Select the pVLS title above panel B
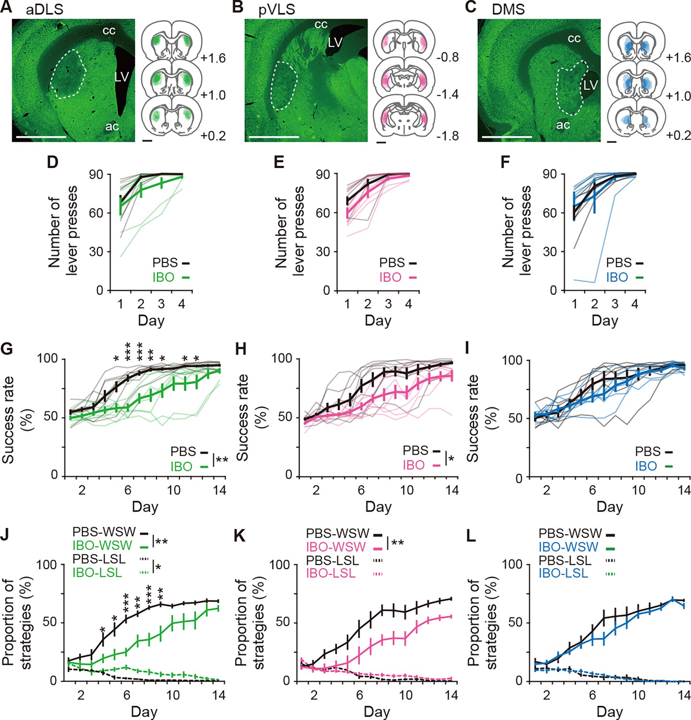(x=277, y=10)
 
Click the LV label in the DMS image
(x=590, y=85)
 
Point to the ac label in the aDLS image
(x=112, y=126)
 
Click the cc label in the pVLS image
(x=321, y=24)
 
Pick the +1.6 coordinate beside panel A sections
(x=213, y=58)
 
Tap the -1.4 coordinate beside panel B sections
(x=448, y=94)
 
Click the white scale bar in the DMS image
(x=507, y=137)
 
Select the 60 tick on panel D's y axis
(x=96, y=213)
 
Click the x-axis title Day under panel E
(x=378, y=321)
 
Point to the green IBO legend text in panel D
(x=163, y=277)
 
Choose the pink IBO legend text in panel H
(x=413, y=465)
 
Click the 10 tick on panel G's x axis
(x=173, y=490)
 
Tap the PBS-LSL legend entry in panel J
(x=99, y=559)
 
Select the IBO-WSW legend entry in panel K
(x=336, y=547)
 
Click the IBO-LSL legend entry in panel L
(x=563, y=573)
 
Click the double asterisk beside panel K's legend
(x=398, y=543)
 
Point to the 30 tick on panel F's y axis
(x=550, y=252)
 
